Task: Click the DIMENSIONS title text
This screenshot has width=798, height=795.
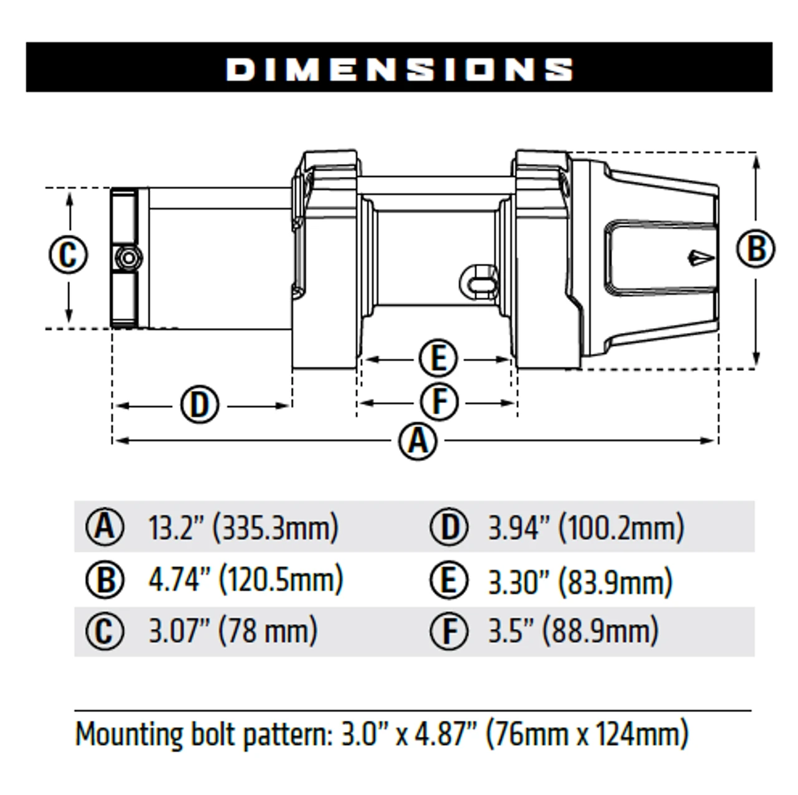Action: click(x=399, y=69)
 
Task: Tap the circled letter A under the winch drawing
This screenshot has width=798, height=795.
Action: click(x=418, y=441)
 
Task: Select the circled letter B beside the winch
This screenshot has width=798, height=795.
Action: click(x=756, y=249)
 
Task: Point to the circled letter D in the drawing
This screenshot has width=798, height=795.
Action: click(x=199, y=405)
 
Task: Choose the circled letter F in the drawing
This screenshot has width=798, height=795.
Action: click(x=440, y=402)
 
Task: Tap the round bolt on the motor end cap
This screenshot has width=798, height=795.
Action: click(x=128, y=258)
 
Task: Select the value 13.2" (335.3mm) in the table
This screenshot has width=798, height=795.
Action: click(x=243, y=528)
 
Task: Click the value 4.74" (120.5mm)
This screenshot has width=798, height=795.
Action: click(x=246, y=579)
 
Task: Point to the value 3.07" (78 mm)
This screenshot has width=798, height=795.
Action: click(x=233, y=630)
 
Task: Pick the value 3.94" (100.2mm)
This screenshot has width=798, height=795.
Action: click(x=585, y=528)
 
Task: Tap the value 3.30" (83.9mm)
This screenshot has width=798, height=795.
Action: click(x=580, y=581)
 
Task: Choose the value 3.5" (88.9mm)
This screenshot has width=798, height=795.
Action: click(x=573, y=631)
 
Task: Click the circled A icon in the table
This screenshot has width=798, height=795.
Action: click(x=105, y=528)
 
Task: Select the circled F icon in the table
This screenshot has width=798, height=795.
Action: click(x=449, y=632)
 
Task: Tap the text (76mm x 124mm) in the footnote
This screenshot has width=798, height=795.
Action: click(x=587, y=734)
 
